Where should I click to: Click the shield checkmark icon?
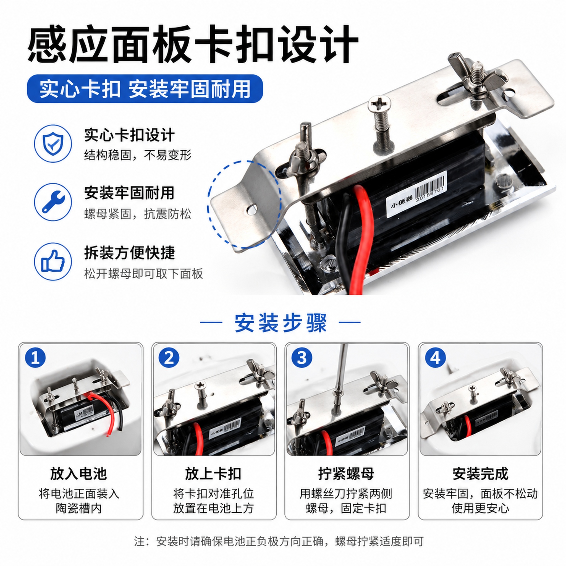click(53, 143)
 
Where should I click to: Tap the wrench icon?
click(53, 202)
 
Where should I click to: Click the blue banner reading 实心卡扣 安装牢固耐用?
click(145, 89)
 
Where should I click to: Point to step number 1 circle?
click(35, 358)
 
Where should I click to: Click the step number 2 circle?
click(169, 358)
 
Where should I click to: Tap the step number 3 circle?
click(302, 358)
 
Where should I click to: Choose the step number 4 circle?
click(435, 358)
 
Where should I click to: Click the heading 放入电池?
click(78, 474)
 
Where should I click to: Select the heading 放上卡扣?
click(213, 474)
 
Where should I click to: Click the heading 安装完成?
click(480, 474)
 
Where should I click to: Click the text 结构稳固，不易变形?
click(138, 155)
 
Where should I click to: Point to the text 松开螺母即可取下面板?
click(143, 274)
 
